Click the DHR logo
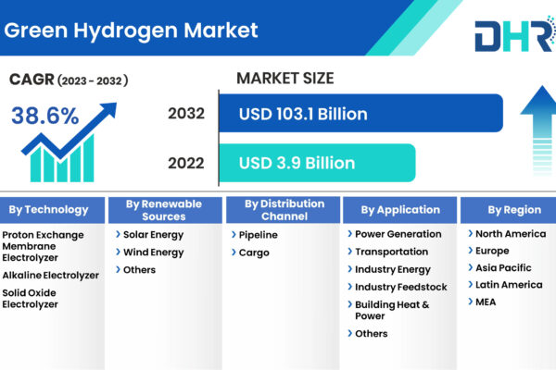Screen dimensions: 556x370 pyautogui.click(x=515, y=35)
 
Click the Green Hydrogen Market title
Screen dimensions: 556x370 pyautogui.click(x=131, y=31)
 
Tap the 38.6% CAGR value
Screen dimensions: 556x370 pyautogui.click(x=45, y=116)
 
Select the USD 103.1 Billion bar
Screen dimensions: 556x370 pyautogui.click(x=361, y=113)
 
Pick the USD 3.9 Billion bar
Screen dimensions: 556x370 pyautogui.click(x=317, y=163)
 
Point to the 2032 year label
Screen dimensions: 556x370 pyautogui.click(x=186, y=114)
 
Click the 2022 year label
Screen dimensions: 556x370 pyautogui.click(x=186, y=163)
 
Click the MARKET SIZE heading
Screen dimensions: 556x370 pyautogui.click(x=285, y=79)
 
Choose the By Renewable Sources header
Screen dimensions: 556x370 pyautogui.click(x=165, y=210)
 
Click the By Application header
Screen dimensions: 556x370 pyautogui.click(x=400, y=210)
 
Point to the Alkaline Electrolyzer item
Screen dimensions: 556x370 pyautogui.click(x=51, y=275)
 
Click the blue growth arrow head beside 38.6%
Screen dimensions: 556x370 pyautogui.click(x=109, y=109)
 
